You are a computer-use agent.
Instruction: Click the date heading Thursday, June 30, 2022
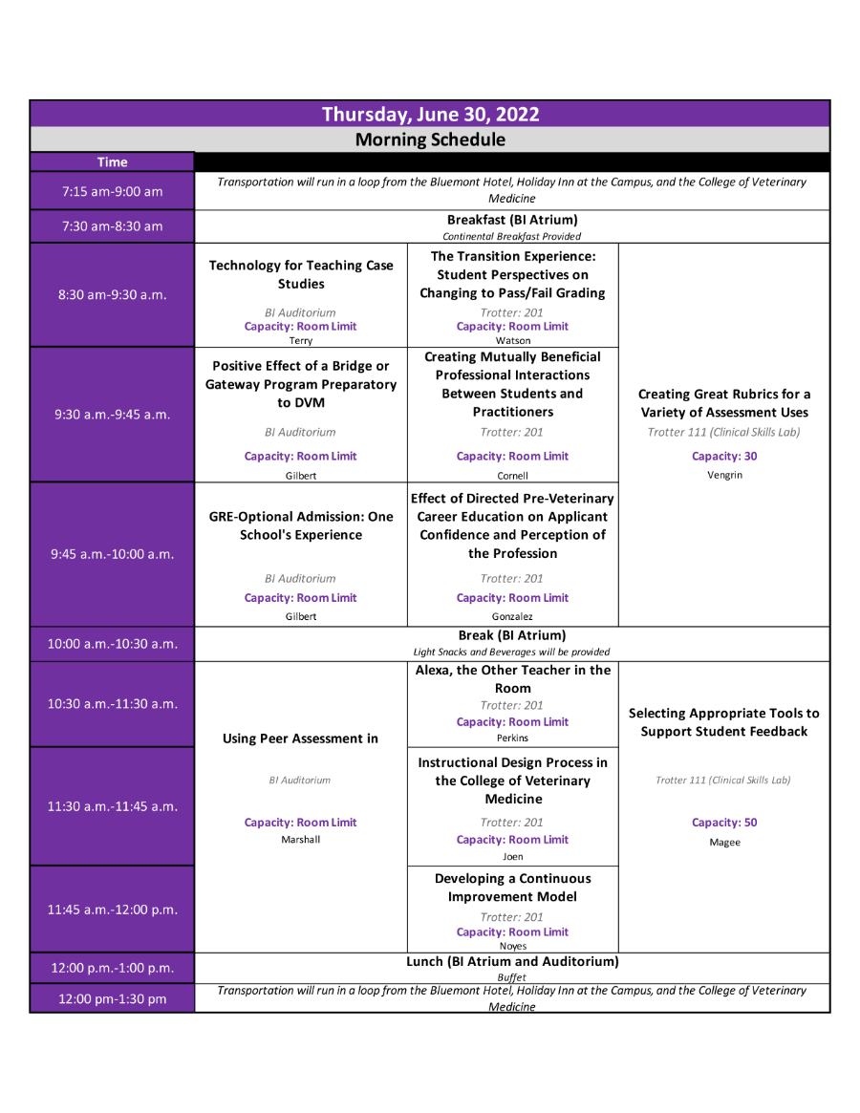(430, 115)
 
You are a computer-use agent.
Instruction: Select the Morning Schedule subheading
(430, 139)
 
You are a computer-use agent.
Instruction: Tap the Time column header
(112, 161)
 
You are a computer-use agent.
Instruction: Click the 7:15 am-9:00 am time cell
(112, 191)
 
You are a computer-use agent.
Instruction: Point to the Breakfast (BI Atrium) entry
(512, 220)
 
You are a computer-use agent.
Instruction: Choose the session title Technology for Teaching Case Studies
(301, 274)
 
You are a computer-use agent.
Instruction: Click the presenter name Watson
(513, 341)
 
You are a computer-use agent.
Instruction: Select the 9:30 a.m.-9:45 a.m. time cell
(112, 415)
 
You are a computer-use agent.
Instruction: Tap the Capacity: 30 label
(724, 456)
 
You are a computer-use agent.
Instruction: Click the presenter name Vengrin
(724, 475)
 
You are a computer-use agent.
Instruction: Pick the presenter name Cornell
(513, 476)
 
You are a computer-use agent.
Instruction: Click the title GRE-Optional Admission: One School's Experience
(301, 525)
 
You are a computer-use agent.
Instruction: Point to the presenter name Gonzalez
(512, 617)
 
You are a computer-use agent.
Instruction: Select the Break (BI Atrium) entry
(512, 635)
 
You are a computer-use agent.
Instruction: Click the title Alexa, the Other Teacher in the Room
(513, 678)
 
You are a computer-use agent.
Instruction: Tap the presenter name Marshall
(300, 839)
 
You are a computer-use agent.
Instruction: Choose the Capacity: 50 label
(724, 822)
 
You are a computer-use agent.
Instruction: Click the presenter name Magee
(724, 843)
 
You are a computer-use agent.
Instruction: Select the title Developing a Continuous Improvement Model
(513, 888)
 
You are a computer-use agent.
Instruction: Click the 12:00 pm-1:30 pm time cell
(112, 998)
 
